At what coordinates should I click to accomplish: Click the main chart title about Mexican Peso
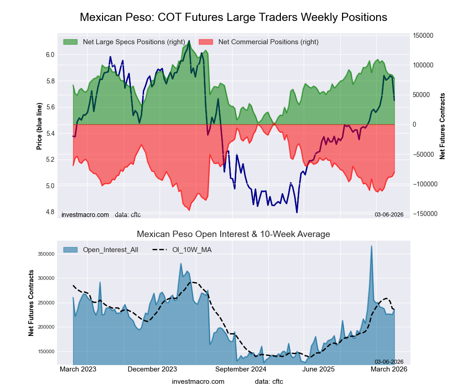tap(233, 17)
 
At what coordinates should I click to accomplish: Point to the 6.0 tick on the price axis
tap(50, 55)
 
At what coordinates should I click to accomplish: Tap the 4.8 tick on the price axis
tap(50, 212)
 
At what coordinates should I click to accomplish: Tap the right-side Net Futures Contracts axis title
tap(442, 126)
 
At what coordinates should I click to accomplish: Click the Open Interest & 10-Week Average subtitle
tap(233, 234)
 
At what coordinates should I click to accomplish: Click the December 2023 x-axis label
tap(152, 369)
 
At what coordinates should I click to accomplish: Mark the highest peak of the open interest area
tap(371, 246)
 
